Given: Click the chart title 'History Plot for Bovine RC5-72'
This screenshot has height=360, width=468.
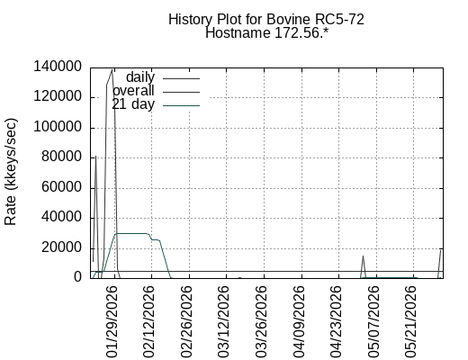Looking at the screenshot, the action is click(x=266, y=20).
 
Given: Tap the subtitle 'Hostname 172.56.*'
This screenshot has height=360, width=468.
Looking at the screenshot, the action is click(x=266, y=32).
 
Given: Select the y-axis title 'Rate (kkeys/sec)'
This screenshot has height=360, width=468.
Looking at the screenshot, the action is click(x=11, y=172).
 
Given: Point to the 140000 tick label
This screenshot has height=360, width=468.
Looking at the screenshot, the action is click(x=58, y=67).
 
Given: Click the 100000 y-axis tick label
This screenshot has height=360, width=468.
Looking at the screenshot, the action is click(x=58, y=127).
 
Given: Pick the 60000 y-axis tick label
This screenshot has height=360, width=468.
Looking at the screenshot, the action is click(x=61, y=187).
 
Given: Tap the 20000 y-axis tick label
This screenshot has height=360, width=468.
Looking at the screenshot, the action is click(x=61, y=247).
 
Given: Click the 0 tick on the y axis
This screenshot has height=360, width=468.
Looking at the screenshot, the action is click(x=77, y=276).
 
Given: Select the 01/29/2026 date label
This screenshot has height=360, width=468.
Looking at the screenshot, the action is click(x=111, y=321).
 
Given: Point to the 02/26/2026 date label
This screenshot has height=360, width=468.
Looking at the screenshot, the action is click(x=186, y=321).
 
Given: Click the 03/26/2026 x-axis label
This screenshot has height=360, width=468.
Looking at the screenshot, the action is click(x=260, y=321).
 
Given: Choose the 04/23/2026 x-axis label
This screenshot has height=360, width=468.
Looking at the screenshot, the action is click(x=336, y=321).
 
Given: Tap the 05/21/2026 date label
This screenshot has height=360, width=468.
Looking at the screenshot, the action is click(x=410, y=321).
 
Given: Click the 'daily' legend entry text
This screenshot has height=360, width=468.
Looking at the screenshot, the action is click(x=140, y=77).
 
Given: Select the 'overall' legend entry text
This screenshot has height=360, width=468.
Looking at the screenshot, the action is click(x=133, y=91).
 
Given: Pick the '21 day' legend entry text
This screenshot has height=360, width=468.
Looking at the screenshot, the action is click(x=133, y=104).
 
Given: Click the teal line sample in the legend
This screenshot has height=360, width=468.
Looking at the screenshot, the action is click(x=182, y=105).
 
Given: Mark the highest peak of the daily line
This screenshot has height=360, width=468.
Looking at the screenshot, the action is click(x=112, y=70).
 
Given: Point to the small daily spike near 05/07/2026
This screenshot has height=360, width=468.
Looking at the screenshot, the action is click(x=363, y=256).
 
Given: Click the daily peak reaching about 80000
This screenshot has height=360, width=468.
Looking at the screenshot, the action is click(x=95, y=157).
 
